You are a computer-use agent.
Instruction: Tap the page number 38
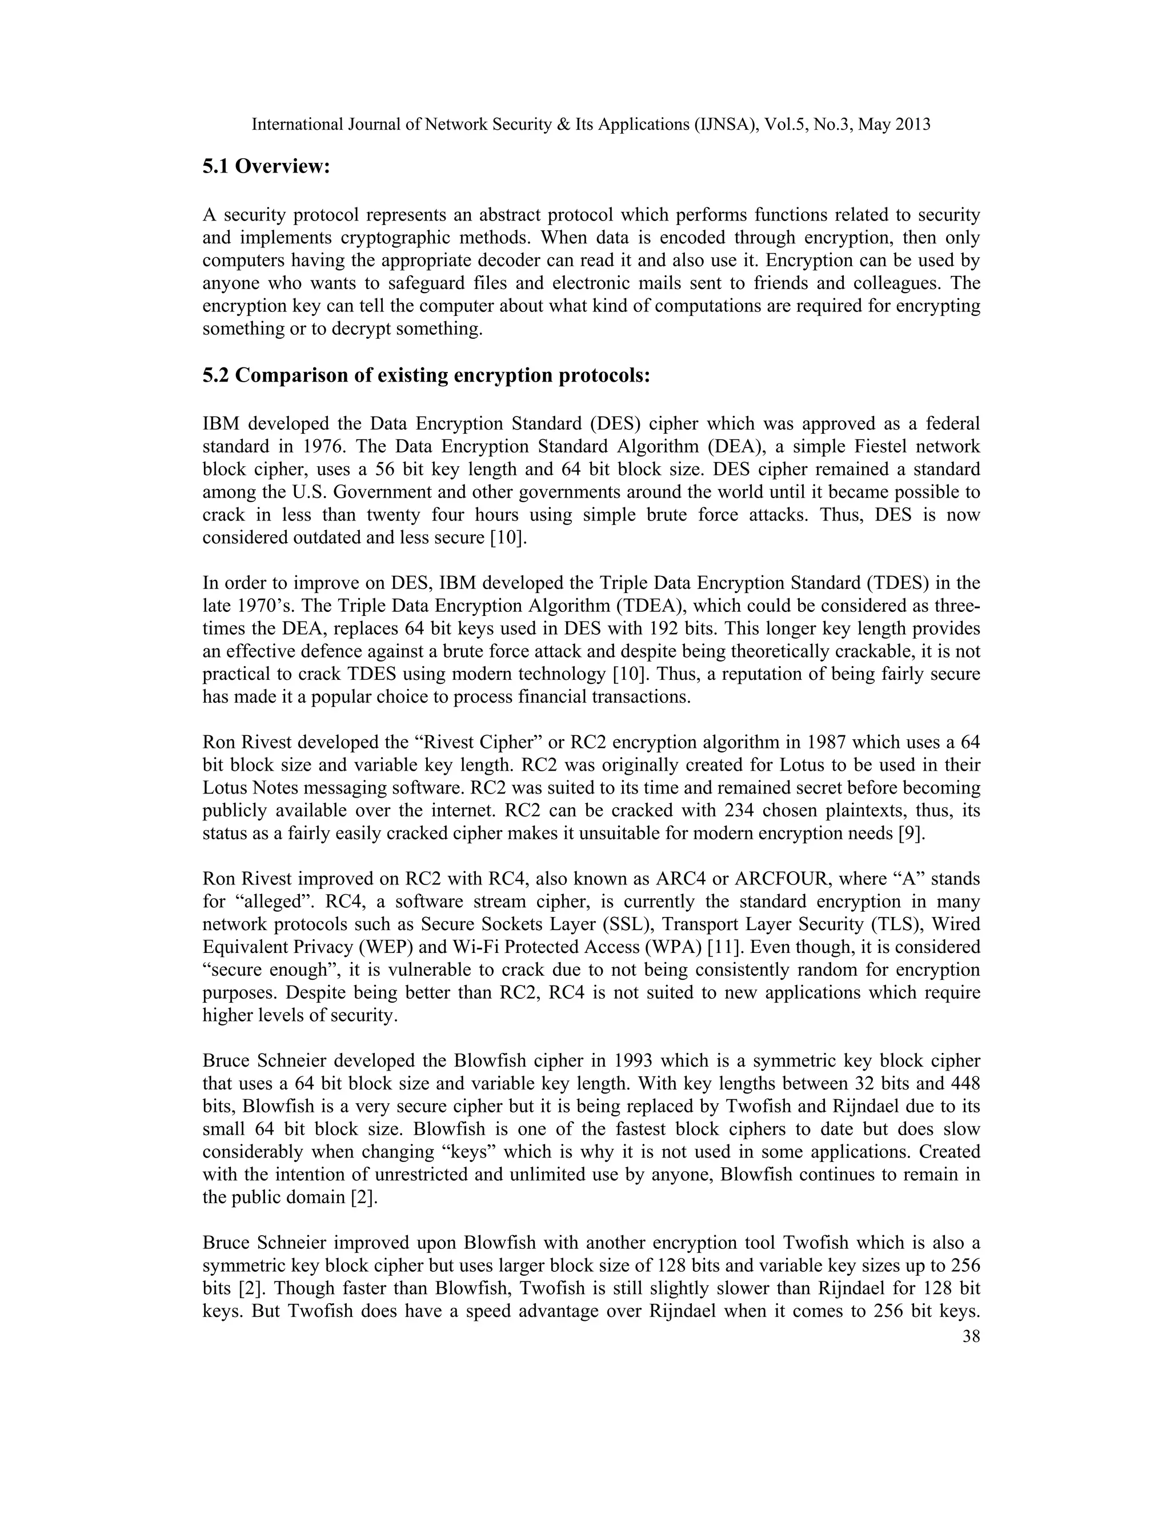click(971, 1336)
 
